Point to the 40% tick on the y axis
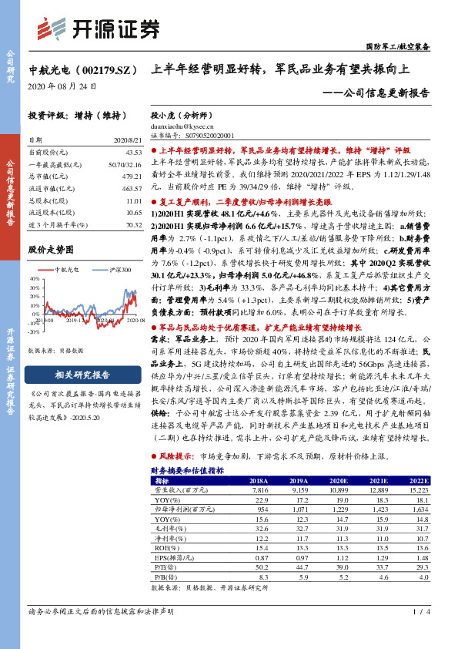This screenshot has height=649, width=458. pos(34,281)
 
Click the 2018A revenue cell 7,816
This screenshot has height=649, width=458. pos(257,489)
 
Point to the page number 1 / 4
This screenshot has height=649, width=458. pos(419,634)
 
